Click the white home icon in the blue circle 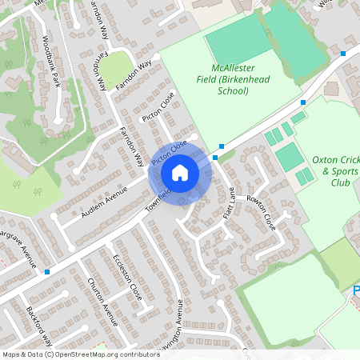click(x=180, y=172)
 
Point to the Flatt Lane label click(x=229, y=204)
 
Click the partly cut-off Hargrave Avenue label click(x=19, y=248)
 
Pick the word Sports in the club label click(x=342, y=171)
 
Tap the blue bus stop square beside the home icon click(x=222, y=146)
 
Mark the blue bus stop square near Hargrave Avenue click(x=47, y=272)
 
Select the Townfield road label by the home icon click(x=158, y=195)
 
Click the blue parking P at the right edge click(x=355, y=292)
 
